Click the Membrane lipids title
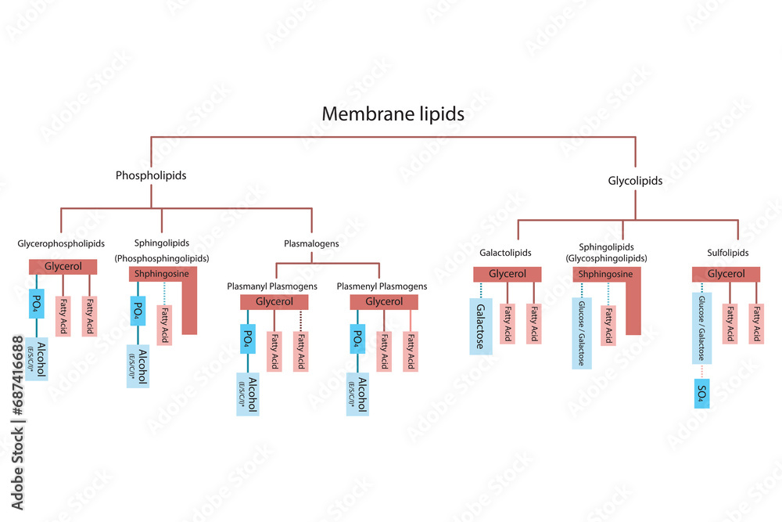coord(393,114)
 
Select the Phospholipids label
coord(151,175)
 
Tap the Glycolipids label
coord(635,181)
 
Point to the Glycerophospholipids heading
coord(61,243)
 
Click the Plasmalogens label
coord(311,243)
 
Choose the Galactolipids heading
coord(505,253)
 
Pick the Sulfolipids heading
coord(726,253)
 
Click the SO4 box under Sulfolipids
coord(701,394)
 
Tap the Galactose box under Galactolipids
coord(481,326)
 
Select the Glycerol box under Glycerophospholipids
coord(63,267)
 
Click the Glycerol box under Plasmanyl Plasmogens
coord(274,302)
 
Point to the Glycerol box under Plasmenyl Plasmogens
coord(384,302)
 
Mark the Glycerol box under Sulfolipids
coord(726,274)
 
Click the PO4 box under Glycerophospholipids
coord(37,303)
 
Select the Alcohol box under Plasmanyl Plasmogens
coord(248,394)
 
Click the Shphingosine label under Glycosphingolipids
coord(605,275)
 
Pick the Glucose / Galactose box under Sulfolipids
coord(701,329)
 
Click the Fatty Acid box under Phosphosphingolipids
coord(165,323)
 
